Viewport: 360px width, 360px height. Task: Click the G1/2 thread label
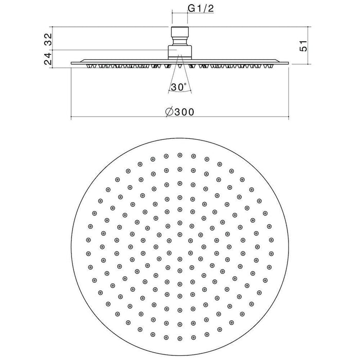point(201,9)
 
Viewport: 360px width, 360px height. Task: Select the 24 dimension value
point(48,59)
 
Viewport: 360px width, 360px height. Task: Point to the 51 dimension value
point(303,46)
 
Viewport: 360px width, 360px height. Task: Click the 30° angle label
point(179,87)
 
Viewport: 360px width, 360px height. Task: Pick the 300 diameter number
point(184,112)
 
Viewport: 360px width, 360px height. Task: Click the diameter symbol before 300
point(169,112)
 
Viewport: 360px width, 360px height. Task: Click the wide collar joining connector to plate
point(180,52)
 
